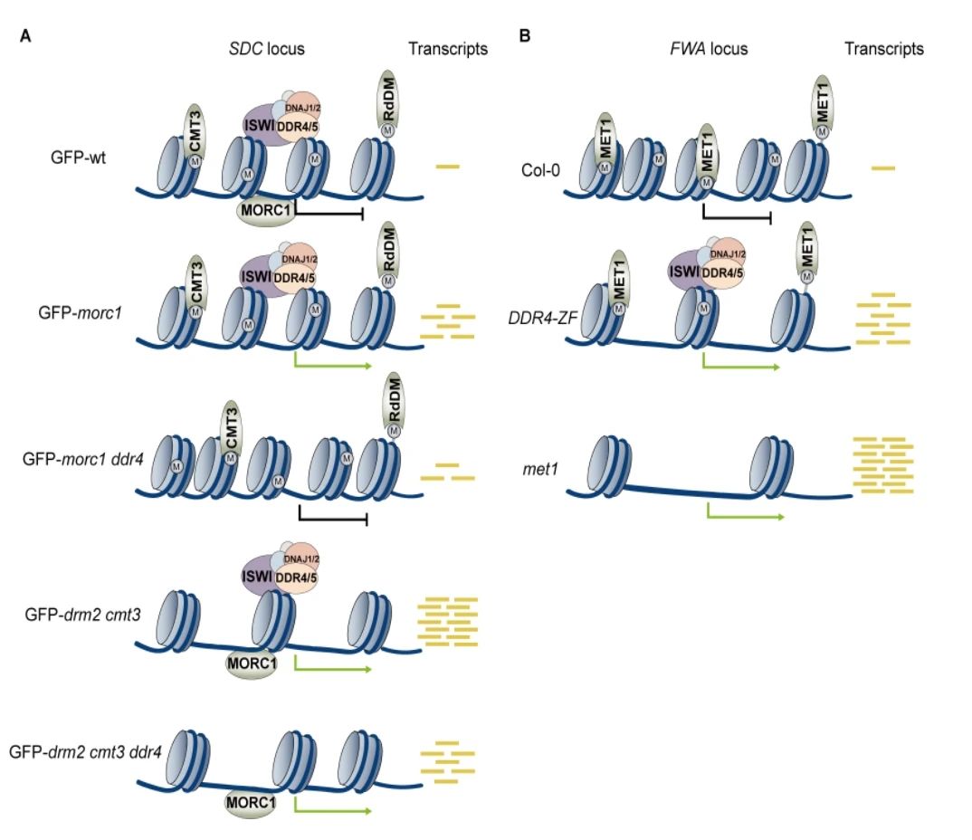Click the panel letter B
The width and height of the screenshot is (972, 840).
tap(524, 37)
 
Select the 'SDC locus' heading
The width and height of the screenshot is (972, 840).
tap(266, 49)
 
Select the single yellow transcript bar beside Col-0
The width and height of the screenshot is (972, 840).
tap(882, 168)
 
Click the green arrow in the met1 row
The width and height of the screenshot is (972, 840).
tap(743, 513)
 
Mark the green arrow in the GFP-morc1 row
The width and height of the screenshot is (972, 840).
tap(332, 366)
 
